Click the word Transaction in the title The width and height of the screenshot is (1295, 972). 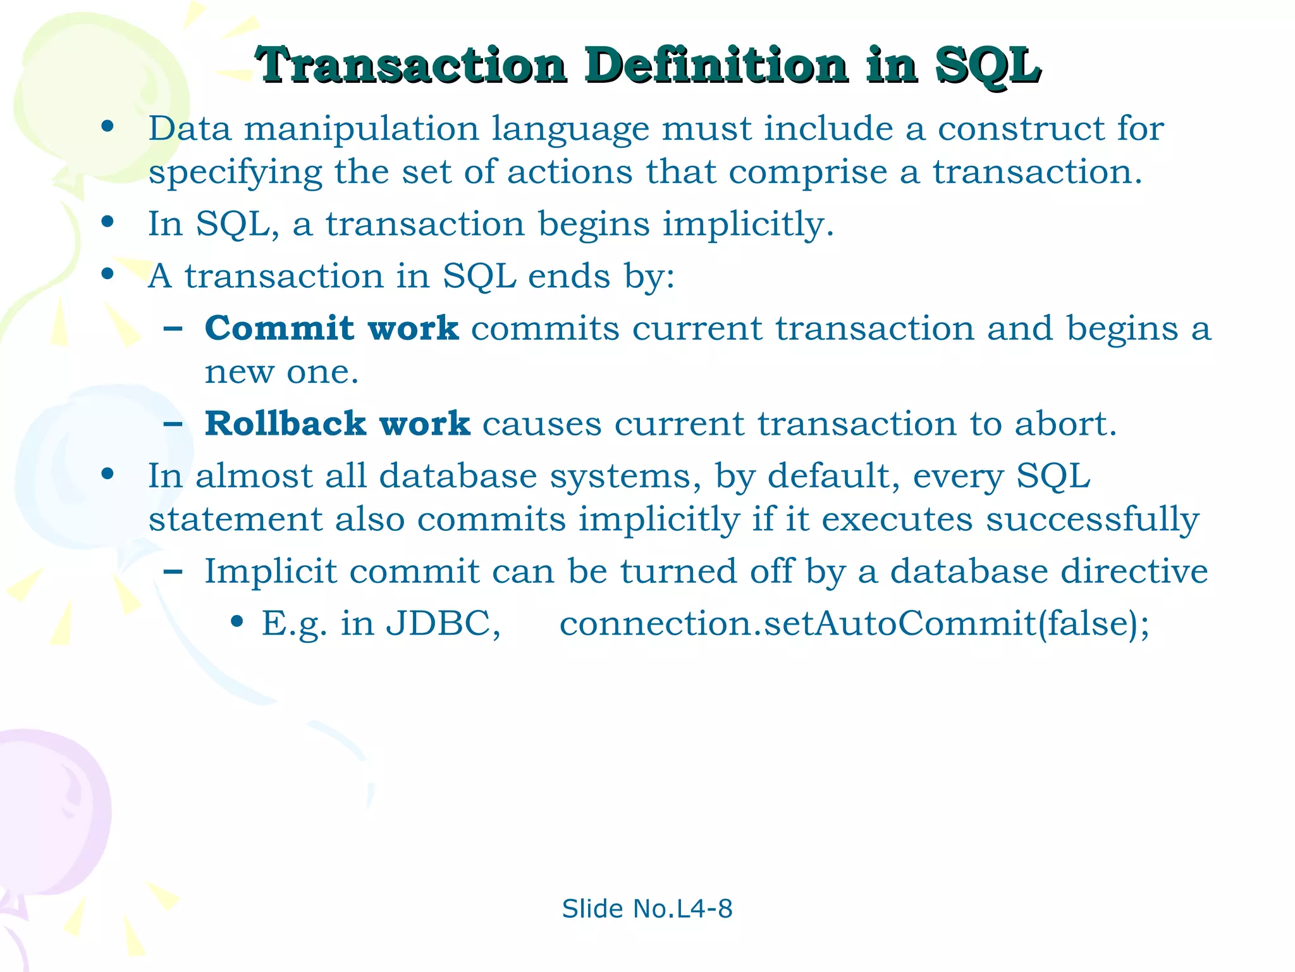[x=411, y=65]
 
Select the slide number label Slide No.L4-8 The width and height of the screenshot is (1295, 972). [x=647, y=909]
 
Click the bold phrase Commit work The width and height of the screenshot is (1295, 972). [x=331, y=328]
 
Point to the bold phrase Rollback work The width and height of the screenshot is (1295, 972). [x=338, y=423]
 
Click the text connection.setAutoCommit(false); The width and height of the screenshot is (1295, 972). [x=854, y=623]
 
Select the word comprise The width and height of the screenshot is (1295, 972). [x=808, y=172]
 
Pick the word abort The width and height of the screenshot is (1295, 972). [x=1065, y=423]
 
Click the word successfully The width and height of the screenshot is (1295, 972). [x=1092, y=520]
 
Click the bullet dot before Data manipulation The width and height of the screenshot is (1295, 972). [x=107, y=127]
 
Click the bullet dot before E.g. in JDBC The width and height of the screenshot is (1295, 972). [x=237, y=622]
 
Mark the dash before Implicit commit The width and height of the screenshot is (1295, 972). [x=173, y=571]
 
